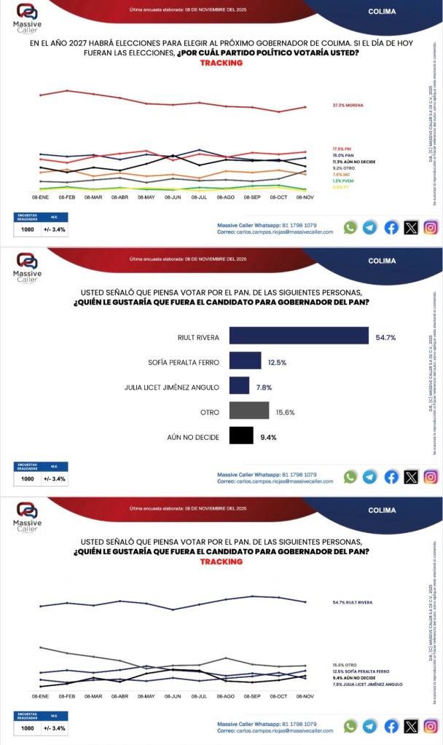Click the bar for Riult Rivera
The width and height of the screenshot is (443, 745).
point(298,335)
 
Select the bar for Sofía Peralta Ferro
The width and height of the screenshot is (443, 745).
point(245,360)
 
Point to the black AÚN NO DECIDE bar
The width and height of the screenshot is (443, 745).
point(240,437)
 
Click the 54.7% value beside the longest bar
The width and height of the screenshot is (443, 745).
point(385,336)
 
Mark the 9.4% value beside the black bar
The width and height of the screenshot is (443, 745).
point(269,438)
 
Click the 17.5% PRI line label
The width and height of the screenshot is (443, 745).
point(342,149)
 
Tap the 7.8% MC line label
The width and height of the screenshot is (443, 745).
point(342,175)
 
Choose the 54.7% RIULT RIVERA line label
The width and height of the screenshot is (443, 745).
point(352,603)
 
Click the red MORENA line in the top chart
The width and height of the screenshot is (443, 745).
point(172,104)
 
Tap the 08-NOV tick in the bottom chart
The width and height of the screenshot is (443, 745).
point(305,696)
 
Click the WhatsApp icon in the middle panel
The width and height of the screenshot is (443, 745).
point(350,477)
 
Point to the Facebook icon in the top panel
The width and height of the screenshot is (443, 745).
point(391,228)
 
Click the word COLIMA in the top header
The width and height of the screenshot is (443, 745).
point(382,12)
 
